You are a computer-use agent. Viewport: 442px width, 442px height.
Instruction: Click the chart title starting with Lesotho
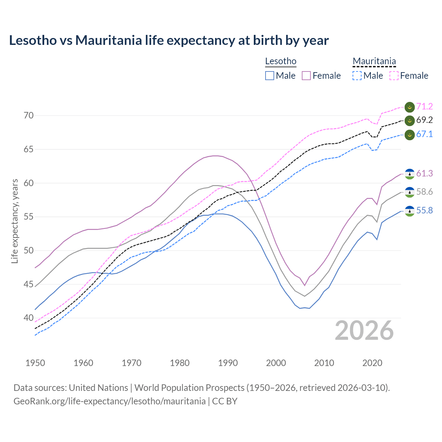pyautogui.click(x=169, y=40)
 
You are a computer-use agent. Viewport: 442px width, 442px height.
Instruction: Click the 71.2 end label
pyautogui.click(x=424, y=107)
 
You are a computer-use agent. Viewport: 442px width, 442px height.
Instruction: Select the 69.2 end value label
pyautogui.click(x=424, y=120)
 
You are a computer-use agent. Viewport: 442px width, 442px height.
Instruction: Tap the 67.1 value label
pyautogui.click(x=424, y=134)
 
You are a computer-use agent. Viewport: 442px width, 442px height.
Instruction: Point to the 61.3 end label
pyautogui.click(x=424, y=174)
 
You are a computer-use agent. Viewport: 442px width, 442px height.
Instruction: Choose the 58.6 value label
pyautogui.click(x=424, y=192)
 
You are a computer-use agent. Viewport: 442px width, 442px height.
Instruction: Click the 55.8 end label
pyautogui.click(x=424, y=211)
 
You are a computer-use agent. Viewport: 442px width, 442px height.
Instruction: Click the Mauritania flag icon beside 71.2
pyautogui.click(x=410, y=107)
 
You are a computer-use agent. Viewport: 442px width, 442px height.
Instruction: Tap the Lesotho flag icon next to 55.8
pyautogui.click(x=410, y=211)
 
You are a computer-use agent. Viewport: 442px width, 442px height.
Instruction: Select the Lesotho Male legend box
pyautogui.click(x=270, y=76)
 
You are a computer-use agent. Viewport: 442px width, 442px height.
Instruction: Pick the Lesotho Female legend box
pyautogui.click(x=306, y=76)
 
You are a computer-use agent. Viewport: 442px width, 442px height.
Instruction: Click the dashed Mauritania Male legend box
pyautogui.click(x=357, y=76)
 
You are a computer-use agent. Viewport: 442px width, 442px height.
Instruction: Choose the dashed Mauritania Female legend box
pyautogui.click(x=394, y=76)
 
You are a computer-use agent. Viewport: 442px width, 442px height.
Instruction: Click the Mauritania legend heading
pyautogui.click(x=374, y=61)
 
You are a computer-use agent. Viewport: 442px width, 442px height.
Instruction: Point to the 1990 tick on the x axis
pyautogui.click(x=228, y=363)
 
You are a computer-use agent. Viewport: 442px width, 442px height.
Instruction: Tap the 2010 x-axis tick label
pyautogui.click(x=324, y=363)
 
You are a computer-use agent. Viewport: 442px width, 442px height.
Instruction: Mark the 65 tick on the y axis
pyautogui.click(x=29, y=150)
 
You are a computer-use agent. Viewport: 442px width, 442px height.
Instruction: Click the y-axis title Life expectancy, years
pyautogui.click(x=15, y=221)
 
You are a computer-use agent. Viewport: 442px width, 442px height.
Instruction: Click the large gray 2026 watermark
pyautogui.click(x=364, y=330)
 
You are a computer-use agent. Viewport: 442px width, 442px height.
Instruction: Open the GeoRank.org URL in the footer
pyautogui.click(x=109, y=401)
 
